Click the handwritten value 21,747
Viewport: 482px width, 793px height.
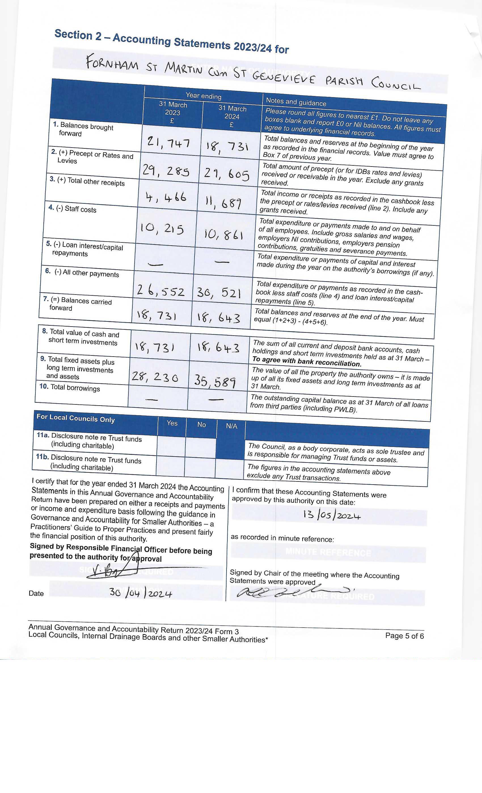coord(168,142)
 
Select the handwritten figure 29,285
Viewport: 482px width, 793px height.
coord(166,170)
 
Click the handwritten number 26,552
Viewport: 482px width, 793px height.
coord(160,291)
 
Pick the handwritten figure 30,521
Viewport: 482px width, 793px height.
coord(219,293)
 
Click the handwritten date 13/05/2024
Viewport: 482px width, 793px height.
coord(331,515)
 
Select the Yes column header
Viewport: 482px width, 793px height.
coord(172,423)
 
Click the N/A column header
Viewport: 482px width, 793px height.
coord(231,426)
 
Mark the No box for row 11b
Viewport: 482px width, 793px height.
coord(200,467)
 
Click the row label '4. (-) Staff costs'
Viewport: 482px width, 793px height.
coord(73,209)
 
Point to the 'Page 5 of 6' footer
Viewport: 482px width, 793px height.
coord(404,635)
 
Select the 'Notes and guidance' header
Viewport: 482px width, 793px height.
coord(296,102)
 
